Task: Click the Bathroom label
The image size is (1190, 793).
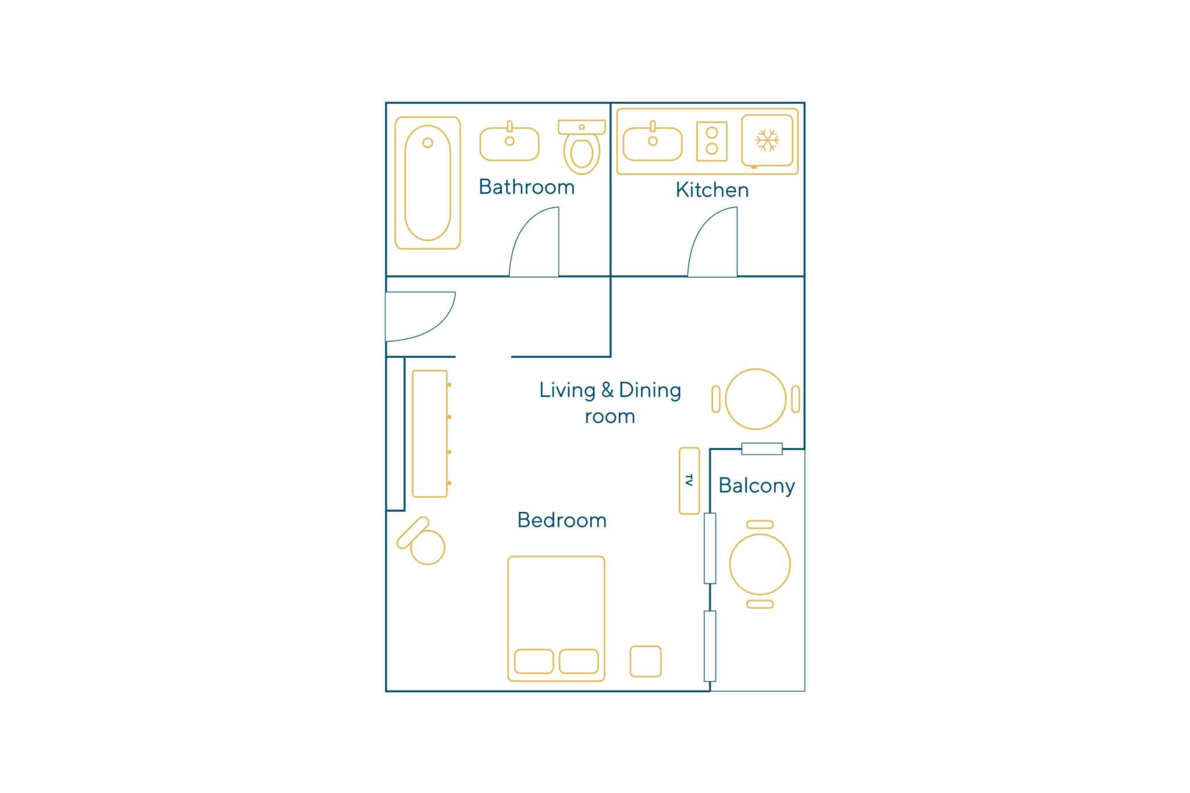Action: [x=526, y=187]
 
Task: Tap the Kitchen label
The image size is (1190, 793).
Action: [x=712, y=190]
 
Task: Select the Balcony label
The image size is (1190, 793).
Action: [x=757, y=486]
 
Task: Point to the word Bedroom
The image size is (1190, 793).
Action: [x=562, y=520]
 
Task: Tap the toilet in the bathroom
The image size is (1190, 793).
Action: [x=582, y=147]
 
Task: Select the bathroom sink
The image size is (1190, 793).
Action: [x=510, y=143]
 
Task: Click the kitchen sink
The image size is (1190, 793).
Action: [x=653, y=143]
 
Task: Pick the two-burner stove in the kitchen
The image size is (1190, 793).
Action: [x=712, y=141]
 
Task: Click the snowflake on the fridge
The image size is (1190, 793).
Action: [x=767, y=140]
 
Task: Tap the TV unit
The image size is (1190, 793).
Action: [x=690, y=481]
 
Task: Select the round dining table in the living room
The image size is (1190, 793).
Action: [x=756, y=399]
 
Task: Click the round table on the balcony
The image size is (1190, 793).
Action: [x=760, y=564]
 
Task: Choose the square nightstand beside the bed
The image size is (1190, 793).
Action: [x=646, y=661]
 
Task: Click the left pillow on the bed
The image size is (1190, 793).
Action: [x=534, y=661]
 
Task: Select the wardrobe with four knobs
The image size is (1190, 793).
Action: [x=430, y=433]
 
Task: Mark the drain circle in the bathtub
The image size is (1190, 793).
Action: [x=428, y=143]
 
